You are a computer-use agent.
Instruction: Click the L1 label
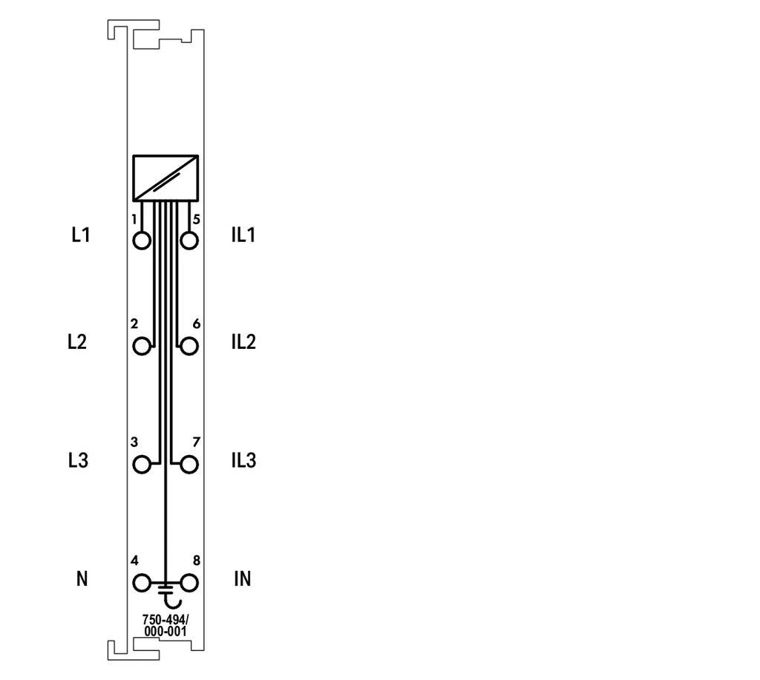(81, 235)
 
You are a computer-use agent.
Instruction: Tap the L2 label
(77, 341)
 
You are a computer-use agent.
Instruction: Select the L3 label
(78, 460)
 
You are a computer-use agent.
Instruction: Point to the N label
(82, 579)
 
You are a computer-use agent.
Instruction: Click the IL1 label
(243, 235)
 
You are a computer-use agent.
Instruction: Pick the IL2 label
(243, 341)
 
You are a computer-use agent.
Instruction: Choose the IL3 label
(243, 460)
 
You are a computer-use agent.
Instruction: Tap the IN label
(243, 579)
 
